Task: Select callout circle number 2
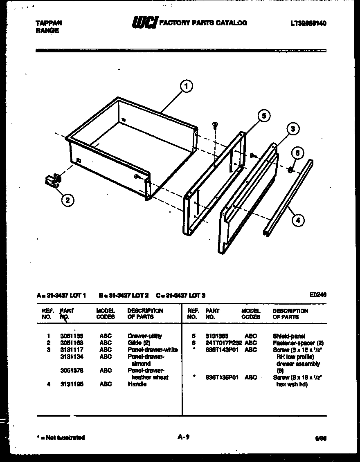coord(67,200)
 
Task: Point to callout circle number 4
coord(298,220)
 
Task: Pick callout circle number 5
coord(264,116)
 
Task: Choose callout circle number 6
coord(297,153)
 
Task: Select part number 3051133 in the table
coord(72,336)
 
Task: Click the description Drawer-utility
coord(144,336)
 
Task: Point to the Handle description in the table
coord(137,384)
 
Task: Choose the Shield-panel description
coord(289,336)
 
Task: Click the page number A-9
coord(183,437)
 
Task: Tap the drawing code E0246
coord(318,294)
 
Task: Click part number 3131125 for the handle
coord(72,384)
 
